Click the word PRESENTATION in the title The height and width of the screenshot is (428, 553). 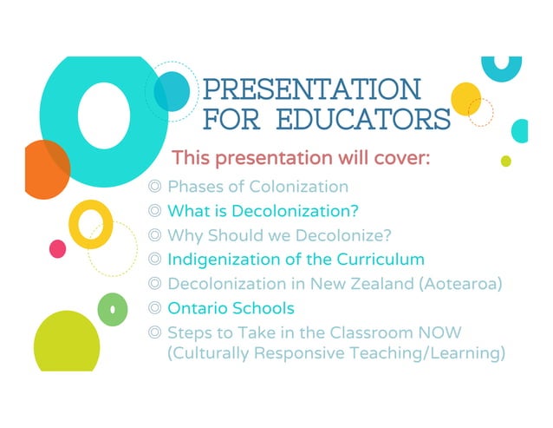(x=311, y=89)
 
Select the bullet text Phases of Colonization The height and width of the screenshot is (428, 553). (x=257, y=187)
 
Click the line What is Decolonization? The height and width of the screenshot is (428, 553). (x=263, y=211)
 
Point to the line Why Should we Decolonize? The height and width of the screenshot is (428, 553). (x=279, y=235)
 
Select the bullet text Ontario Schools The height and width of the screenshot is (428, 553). (x=231, y=308)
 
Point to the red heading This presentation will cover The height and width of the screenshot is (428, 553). (x=301, y=159)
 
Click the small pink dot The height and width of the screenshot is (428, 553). (x=58, y=249)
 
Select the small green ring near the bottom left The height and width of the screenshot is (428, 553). (x=112, y=309)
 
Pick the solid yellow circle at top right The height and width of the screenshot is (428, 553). (x=465, y=97)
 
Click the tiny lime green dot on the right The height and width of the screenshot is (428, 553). (x=506, y=161)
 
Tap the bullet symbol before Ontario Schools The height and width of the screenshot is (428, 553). (x=155, y=308)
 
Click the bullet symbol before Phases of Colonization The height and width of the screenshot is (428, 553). (x=155, y=187)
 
